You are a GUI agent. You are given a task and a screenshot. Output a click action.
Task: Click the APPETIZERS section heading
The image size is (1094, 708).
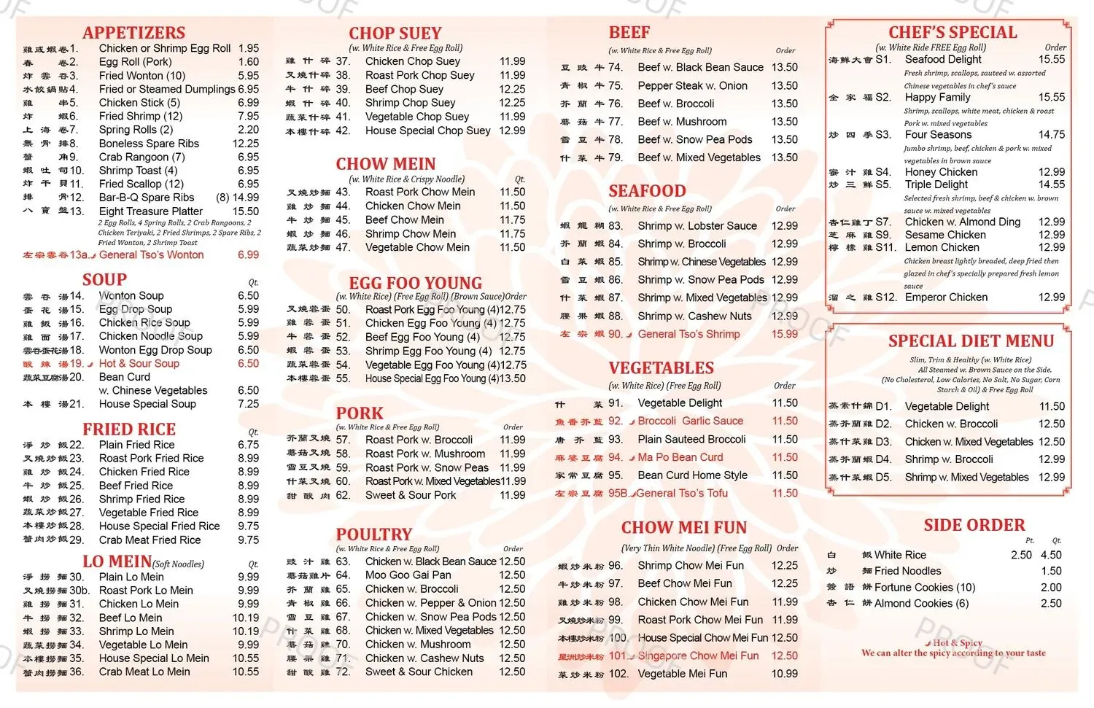[x=133, y=33]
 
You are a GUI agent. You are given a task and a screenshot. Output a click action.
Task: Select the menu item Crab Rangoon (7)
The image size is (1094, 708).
[x=141, y=157]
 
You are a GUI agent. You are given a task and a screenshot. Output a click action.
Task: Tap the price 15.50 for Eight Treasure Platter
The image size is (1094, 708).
[x=246, y=211]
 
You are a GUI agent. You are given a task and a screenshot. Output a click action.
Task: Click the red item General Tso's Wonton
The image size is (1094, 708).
[x=151, y=255]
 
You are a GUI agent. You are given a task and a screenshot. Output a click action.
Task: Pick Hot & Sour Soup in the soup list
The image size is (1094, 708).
[x=139, y=363]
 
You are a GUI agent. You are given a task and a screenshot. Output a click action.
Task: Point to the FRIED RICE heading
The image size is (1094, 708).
[x=129, y=429]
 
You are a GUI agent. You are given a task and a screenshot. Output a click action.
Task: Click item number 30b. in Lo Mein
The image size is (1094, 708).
[x=79, y=591]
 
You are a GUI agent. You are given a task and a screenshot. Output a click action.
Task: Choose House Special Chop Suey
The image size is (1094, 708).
[x=427, y=131]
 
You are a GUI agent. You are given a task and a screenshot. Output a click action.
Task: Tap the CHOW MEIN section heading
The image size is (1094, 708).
[x=385, y=164]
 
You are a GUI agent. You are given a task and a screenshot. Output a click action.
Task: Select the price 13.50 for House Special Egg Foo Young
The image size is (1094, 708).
[x=512, y=378]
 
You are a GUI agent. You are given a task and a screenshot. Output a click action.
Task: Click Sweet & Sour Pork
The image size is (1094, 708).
[x=411, y=495]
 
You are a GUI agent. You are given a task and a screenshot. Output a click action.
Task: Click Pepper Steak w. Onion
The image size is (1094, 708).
[x=692, y=85]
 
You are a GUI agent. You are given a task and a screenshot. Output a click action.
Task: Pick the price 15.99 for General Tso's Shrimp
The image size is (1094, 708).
[x=785, y=334]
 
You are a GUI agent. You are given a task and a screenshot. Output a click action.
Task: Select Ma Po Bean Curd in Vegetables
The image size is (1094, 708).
[x=680, y=457]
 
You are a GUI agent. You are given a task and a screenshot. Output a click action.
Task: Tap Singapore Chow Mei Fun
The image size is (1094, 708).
[x=698, y=656]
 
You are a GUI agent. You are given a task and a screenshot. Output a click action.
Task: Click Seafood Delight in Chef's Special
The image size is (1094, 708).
[x=943, y=59]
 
